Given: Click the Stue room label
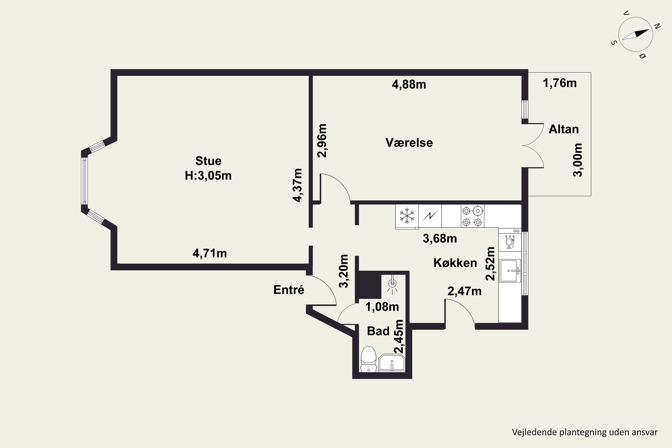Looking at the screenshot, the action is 208,161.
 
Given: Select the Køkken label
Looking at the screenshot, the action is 455,263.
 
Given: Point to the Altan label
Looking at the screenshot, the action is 563,129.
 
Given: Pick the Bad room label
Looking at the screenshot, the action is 378,331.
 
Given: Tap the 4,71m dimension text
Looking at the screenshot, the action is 210,253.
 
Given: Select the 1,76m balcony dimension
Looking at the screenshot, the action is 559,83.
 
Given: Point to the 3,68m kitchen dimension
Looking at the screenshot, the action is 440,239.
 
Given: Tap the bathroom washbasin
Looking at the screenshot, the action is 392,363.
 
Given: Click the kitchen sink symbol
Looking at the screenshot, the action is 510,271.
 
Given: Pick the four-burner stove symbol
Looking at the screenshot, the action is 472,216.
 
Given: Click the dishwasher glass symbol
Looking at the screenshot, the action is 510,242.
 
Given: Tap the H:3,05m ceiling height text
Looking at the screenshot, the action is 208,176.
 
